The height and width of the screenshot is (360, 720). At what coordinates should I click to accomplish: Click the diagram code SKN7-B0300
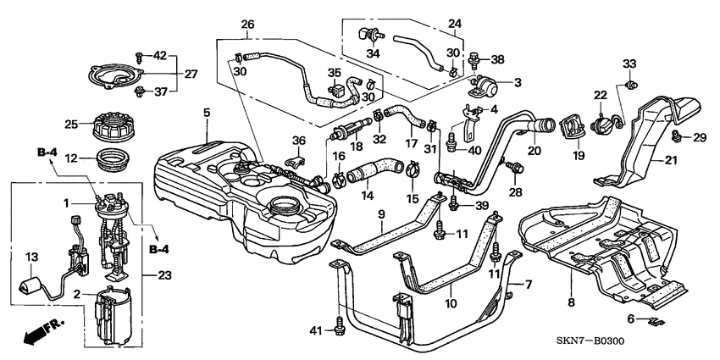point(590,341)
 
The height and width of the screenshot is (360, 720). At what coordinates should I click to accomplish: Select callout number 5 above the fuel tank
point(207,112)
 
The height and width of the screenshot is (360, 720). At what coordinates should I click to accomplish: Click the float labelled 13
point(30,285)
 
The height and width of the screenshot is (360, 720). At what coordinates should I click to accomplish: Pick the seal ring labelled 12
point(114,159)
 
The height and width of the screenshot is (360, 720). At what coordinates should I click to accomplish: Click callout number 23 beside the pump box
point(164,275)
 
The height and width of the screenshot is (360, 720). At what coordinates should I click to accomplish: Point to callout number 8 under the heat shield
point(571,303)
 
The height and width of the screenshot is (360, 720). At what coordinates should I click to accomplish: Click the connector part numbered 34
point(370,35)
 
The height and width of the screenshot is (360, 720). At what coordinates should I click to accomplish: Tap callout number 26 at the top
point(247,24)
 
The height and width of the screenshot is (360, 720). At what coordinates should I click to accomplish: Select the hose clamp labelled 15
point(413,171)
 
